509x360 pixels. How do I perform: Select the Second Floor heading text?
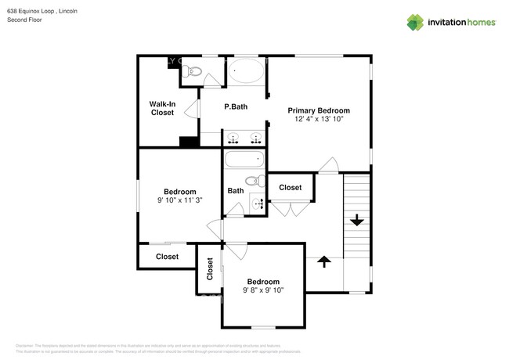click(23, 20)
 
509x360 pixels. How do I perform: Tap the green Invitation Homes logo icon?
click(417, 22)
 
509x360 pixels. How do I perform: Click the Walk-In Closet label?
click(162, 108)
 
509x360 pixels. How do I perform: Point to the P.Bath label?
click(236, 107)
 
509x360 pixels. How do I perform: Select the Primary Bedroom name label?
click(318, 110)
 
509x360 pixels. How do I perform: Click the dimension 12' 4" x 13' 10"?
click(318, 120)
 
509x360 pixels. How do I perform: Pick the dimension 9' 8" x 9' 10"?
click(263, 290)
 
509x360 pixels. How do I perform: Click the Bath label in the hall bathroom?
click(235, 191)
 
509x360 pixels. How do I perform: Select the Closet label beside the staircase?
click(290, 187)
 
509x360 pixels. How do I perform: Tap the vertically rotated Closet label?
click(210, 269)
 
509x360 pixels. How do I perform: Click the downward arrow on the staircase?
click(357, 221)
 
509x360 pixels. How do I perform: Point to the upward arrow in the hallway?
click(323, 261)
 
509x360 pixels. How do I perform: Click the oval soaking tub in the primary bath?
click(247, 74)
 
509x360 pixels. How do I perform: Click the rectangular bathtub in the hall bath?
click(244, 161)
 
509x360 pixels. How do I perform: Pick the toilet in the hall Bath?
click(251, 182)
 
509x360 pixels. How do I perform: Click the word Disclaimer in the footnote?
click(25, 344)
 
